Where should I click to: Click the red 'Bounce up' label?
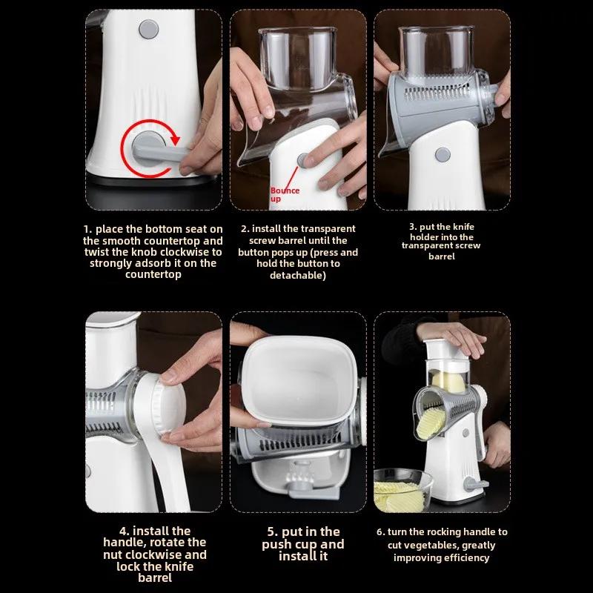(x=285, y=194)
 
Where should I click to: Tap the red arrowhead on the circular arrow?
(x=175, y=139)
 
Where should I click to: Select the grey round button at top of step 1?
(x=149, y=29)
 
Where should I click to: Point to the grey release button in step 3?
(x=443, y=154)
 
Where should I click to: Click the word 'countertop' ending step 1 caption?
(x=153, y=274)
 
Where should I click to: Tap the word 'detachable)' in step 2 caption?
(x=298, y=275)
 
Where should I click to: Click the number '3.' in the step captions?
(x=413, y=227)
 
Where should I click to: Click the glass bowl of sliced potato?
(x=402, y=490)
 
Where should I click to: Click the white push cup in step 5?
(x=299, y=380)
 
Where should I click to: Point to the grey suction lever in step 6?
(x=475, y=484)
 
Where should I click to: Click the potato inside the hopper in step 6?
(x=448, y=382)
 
